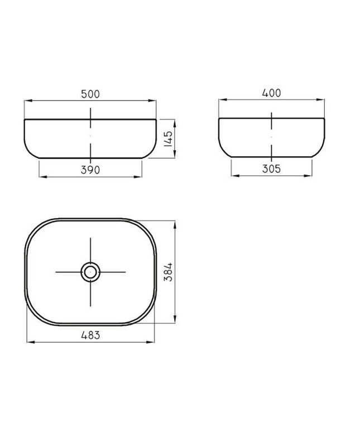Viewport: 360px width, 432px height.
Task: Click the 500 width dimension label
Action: pos(90,94)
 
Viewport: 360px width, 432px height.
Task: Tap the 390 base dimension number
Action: pos(90,170)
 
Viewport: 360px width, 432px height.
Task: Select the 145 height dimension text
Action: pos(169,138)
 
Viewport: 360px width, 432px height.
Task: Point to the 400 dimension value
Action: pos(271,93)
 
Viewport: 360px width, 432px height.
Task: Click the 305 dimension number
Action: pos(271,169)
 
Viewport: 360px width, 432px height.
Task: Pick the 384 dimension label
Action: pos(168,272)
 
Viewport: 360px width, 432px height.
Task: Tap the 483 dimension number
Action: pos(90,335)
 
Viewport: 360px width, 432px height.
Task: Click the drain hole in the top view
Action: pos(90,272)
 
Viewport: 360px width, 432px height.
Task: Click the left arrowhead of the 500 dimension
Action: pos(28,101)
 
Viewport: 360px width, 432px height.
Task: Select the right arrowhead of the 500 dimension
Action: pos(152,101)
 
